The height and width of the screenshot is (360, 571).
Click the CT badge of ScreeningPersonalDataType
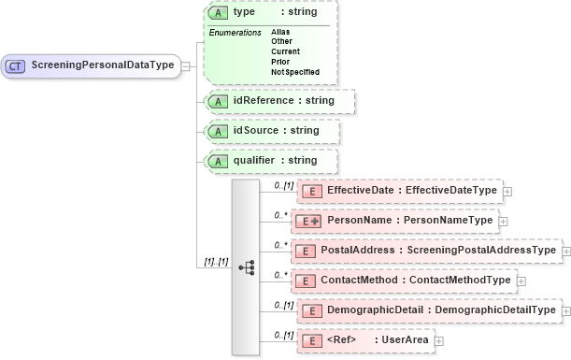(17, 65)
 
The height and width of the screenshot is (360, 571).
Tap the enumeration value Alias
(280, 32)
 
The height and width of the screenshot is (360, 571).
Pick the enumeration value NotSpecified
(294, 71)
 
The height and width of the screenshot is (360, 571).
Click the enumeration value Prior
(280, 61)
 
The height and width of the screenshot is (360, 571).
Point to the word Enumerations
(235, 33)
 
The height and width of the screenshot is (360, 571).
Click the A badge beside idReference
(218, 100)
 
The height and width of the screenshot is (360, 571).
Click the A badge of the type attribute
(218, 12)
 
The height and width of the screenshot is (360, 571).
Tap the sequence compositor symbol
(247, 267)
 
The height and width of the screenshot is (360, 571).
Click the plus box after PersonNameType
(503, 221)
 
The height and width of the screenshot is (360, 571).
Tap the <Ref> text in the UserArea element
(343, 340)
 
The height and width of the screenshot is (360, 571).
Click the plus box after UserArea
(439, 340)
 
